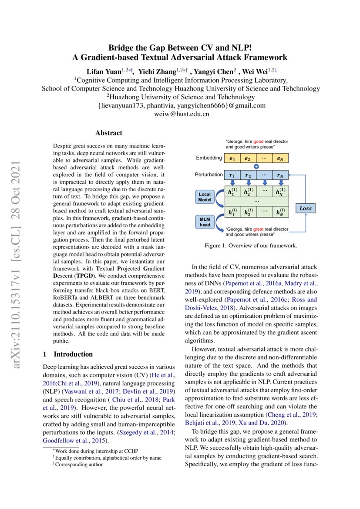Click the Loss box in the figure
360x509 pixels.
(x=306, y=208)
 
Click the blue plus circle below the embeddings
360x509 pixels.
(x=256, y=166)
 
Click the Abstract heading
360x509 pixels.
(x=108, y=133)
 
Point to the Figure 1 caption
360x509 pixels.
(x=251, y=246)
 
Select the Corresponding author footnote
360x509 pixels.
(x=78, y=465)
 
